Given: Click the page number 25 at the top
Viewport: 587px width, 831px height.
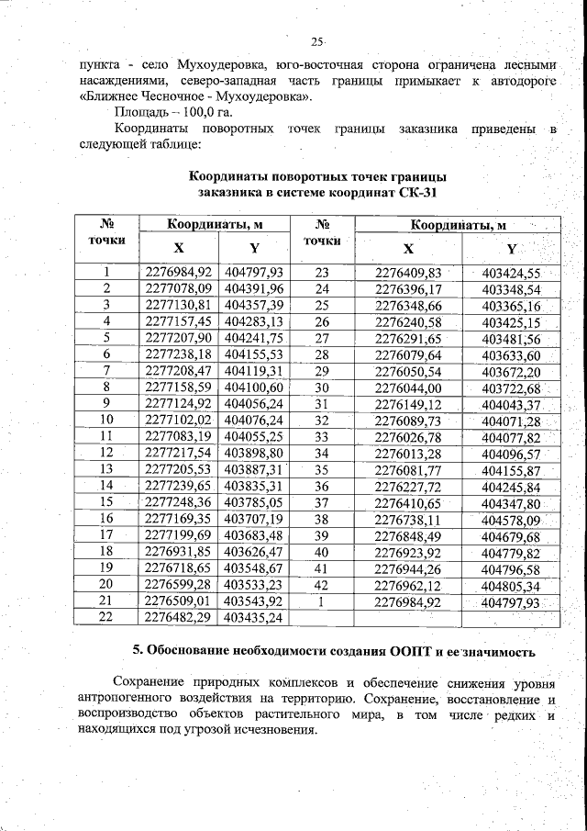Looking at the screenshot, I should [x=316, y=42].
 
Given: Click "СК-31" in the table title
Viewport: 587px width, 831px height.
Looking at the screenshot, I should [x=418, y=193].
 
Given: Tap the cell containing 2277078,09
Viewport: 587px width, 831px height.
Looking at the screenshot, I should [x=179, y=288].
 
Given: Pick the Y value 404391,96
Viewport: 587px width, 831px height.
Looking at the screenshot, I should [x=254, y=288].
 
